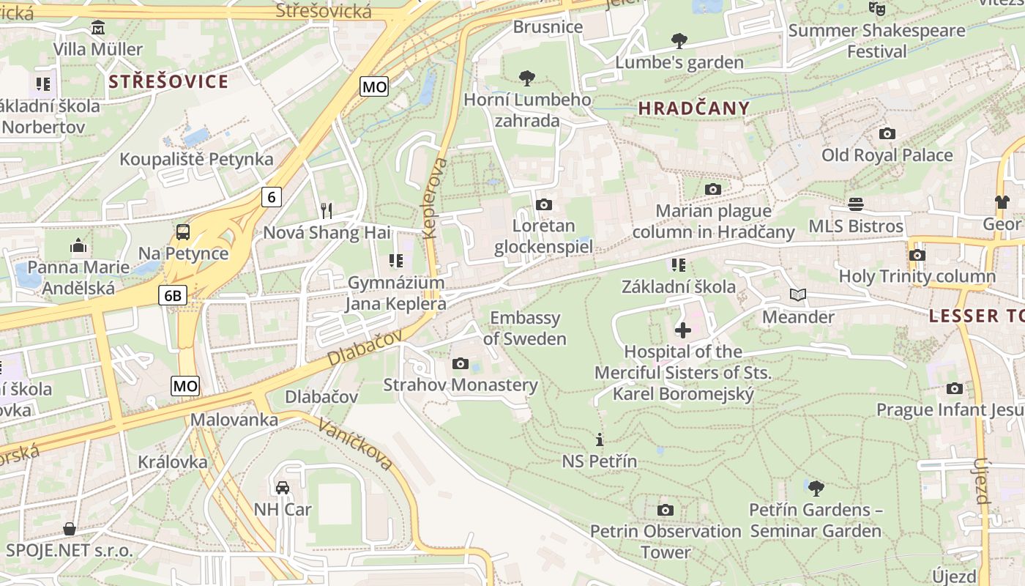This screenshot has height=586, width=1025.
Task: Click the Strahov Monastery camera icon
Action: [461, 363]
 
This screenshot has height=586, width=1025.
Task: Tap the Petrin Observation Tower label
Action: [666, 541]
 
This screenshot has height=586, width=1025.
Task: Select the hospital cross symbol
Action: [682, 330]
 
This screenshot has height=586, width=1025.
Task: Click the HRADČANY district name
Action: [694, 108]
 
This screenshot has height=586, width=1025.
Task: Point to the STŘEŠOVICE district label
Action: [168, 81]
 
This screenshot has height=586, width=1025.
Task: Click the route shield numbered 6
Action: [272, 196]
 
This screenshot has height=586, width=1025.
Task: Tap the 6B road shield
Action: [173, 295]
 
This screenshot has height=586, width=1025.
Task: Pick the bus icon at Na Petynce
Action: [183, 232]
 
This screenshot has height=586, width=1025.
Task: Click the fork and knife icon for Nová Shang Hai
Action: [327, 211]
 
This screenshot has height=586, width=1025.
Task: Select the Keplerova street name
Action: [433, 198]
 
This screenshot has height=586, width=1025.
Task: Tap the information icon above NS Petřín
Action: [600, 439]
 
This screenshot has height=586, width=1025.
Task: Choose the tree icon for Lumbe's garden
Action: [679, 40]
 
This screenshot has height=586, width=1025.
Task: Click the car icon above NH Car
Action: [283, 487]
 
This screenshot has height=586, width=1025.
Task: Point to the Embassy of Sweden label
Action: [524, 328]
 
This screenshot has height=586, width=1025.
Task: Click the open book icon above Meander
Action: [798, 295]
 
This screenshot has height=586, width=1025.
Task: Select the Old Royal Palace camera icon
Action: [887, 133]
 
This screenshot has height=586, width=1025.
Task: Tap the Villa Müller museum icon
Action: [97, 28]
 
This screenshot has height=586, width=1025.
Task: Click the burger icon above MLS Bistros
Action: [855, 204]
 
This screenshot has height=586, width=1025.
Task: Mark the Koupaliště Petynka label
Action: [196, 159]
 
